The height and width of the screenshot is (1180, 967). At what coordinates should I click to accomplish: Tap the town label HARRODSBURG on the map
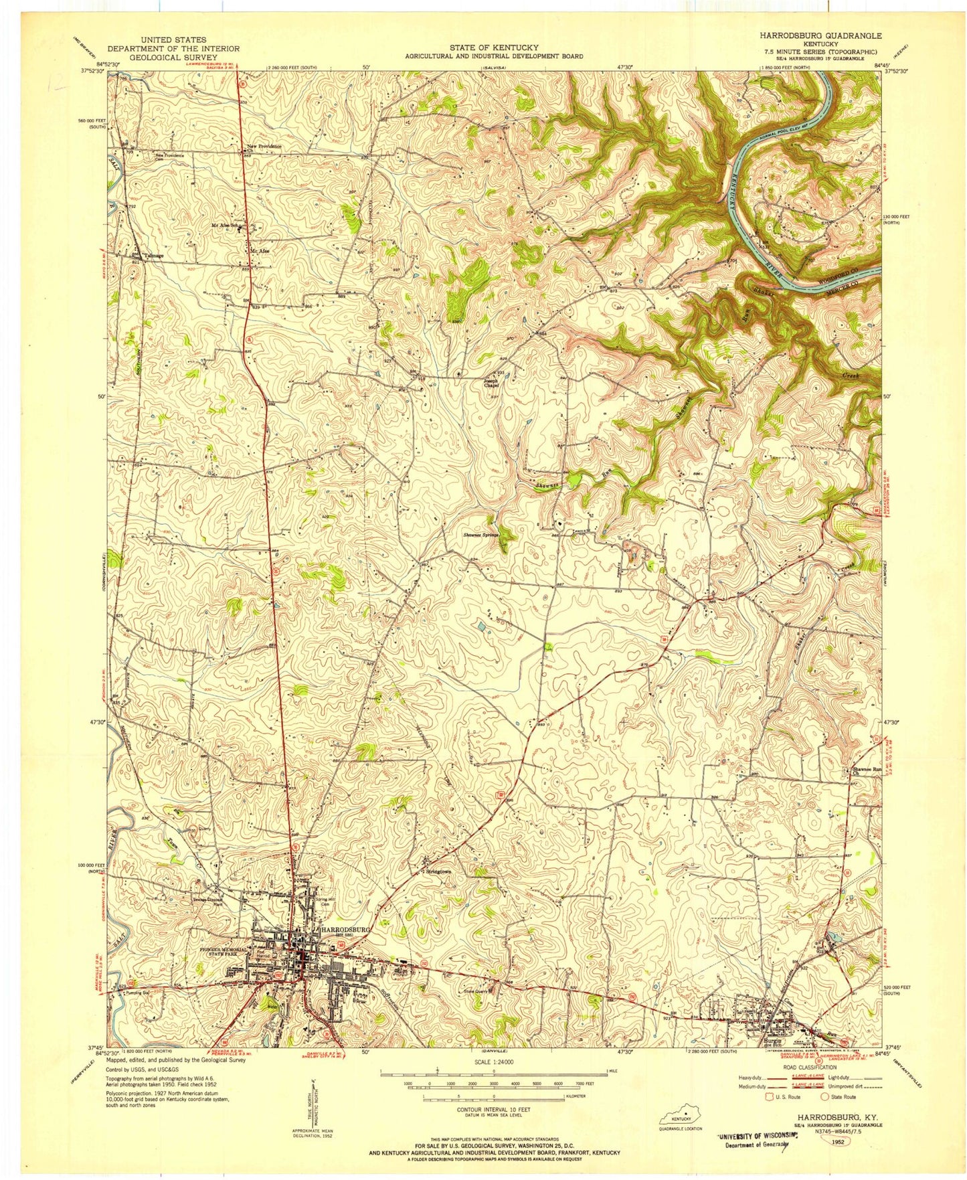tap(345, 930)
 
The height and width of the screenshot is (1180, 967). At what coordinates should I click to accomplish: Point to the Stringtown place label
tap(438, 872)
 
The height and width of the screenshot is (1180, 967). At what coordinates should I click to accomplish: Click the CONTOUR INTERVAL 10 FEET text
tap(493, 1108)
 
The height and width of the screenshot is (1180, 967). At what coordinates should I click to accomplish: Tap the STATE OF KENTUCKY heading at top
tap(493, 48)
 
